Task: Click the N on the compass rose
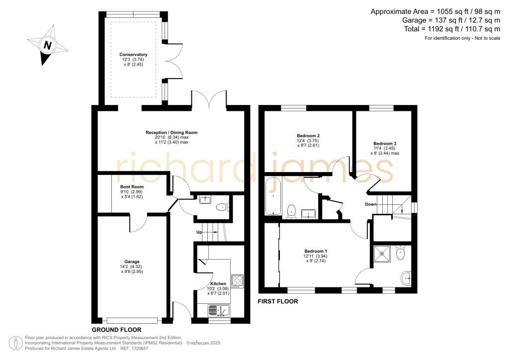click(47, 45)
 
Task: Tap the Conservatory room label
click(133, 55)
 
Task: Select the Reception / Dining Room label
click(171, 132)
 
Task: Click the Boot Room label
click(132, 186)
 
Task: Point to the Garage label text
click(132, 262)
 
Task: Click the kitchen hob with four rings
click(237, 281)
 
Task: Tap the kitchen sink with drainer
click(219, 311)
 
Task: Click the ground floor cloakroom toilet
click(223, 207)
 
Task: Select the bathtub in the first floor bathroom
click(273, 196)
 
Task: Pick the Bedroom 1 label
click(316, 251)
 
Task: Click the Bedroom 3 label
click(385, 144)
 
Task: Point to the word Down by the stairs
click(371, 204)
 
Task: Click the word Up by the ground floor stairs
click(199, 232)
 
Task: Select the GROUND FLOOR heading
click(116, 330)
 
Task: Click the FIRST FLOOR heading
click(278, 301)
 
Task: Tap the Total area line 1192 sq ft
click(452, 29)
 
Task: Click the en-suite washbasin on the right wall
click(407, 278)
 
